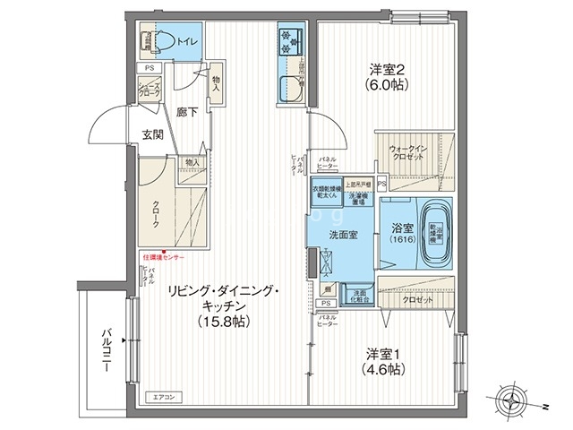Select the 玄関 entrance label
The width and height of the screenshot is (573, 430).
coord(152,135)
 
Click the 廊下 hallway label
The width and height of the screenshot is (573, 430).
coord(187,113)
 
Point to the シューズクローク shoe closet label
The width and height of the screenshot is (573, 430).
coord(149,88)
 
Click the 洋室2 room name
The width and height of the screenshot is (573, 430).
coord(390,71)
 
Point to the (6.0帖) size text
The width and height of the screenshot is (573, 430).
coord(390,89)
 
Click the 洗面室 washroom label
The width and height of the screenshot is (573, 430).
coord(344,235)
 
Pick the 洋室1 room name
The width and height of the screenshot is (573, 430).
coord(381,351)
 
